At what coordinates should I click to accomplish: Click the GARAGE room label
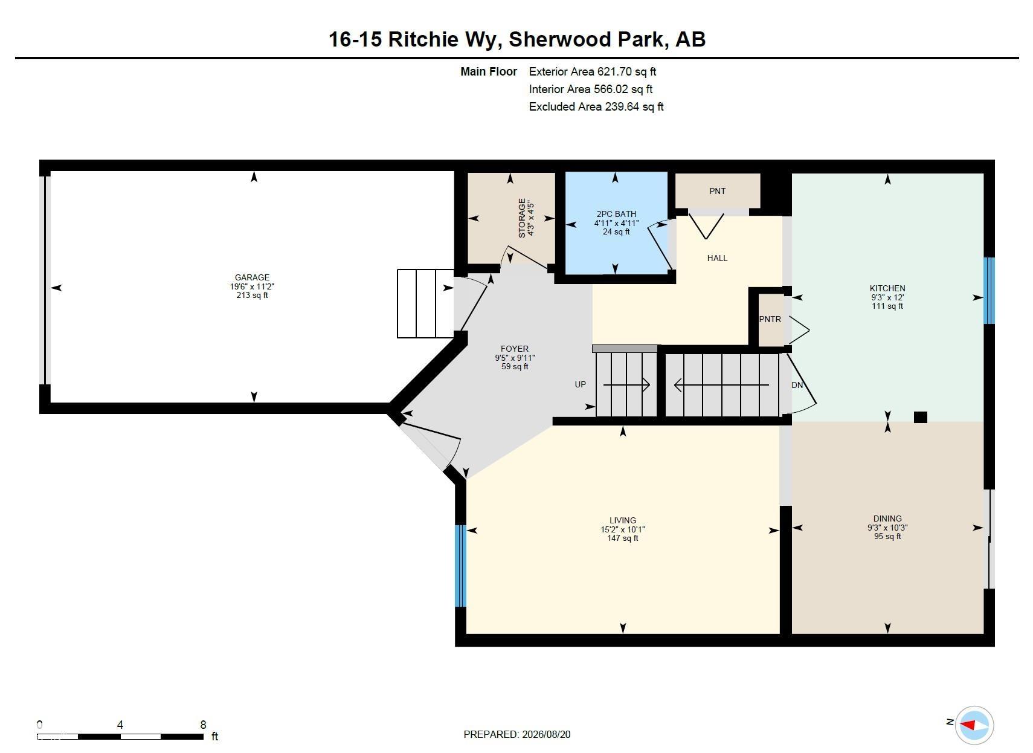point(252,277)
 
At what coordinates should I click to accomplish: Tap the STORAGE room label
point(521,218)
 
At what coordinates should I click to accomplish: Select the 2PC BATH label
point(616,214)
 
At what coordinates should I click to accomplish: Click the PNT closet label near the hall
point(717,191)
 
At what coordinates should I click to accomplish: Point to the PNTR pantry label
point(770,319)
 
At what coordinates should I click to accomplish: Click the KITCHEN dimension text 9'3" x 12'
point(887,297)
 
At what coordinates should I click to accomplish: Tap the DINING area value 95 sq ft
point(887,536)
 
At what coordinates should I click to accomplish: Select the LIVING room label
point(623,520)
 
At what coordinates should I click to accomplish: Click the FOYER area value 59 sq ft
point(515,366)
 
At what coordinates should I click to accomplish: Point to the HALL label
point(717,259)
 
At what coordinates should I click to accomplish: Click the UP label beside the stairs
point(580,384)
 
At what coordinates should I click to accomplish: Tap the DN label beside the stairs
point(797,386)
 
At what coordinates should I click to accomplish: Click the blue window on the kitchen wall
point(989,291)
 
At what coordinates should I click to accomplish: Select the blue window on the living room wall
point(461,566)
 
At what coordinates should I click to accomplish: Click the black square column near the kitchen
point(921,417)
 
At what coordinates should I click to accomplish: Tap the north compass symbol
point(974,725)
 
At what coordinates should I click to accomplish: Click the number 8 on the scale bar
point(203,725)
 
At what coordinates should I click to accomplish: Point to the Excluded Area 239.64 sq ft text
point(596,106)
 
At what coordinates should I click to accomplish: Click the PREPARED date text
point(517,734)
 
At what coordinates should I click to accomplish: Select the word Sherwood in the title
point(559,39)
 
